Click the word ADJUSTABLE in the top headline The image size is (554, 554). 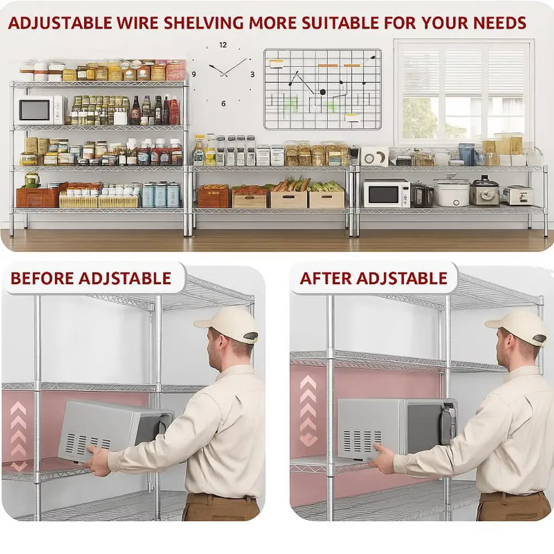pos(60,23)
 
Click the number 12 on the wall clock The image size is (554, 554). pos(222,45)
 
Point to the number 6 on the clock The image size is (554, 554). pos(223,103)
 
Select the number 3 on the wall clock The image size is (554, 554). pos(252,74)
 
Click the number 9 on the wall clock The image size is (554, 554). pos(194,74)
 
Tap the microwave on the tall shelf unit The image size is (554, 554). pos(42,110)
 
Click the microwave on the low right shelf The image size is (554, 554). pos(386,193)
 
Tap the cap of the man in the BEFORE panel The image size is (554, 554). pos(227,325)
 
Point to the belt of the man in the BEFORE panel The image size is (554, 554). pos(221,498)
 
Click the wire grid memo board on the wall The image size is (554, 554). pos(322,89)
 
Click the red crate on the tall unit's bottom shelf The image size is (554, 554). pos(37,197)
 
